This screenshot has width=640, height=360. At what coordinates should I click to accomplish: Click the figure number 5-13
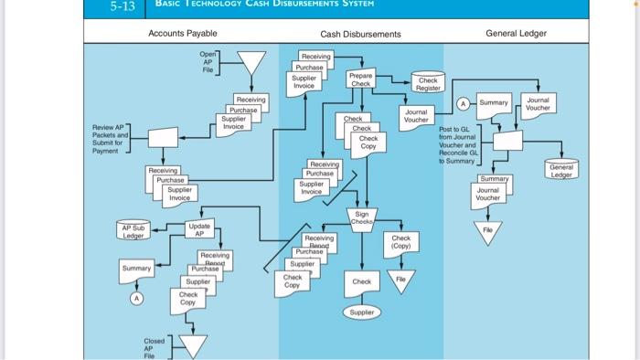pos(122,7)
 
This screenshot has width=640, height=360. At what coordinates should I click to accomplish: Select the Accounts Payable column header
pos(183,34)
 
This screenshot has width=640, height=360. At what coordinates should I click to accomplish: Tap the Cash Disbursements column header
pos(360,35)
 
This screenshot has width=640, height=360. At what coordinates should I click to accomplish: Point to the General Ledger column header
pos(517,34)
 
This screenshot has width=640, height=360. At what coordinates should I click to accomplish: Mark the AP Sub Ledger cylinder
pos(133,229)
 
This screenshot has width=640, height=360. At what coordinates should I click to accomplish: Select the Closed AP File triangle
pos(192,345)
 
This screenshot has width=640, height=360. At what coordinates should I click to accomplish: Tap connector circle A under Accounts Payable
pos(136,298)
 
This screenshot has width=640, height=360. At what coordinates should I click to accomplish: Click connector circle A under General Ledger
pos(463,102)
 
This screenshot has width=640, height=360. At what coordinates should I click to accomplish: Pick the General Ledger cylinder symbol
pos(560,171)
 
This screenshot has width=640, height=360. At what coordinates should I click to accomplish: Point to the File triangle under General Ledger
pos(487,232)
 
